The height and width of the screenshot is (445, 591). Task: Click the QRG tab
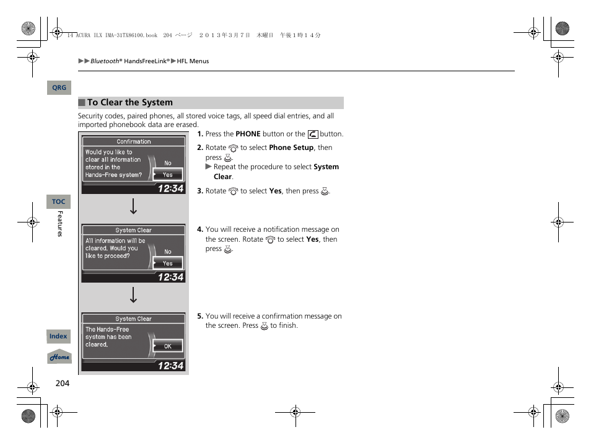click(x=59, y=88)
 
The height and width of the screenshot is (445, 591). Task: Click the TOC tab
click(x=58, y=201)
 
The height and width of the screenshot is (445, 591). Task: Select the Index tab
click(x=58, y=337)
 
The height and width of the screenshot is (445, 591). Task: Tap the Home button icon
click(x=59, y=357)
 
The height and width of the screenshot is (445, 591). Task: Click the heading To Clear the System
click(x=129, y=103)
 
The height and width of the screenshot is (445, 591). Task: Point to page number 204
click(x=63, y=383)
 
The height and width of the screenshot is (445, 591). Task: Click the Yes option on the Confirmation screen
click(x=168, y=175)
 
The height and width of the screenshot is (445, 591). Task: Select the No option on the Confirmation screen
click(x=168, y=163)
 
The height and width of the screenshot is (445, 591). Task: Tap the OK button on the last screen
click(x=168, y=346)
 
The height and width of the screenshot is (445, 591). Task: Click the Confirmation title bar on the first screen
click(x=134, y=141)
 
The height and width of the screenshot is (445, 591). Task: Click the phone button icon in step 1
click(x=312, y=134)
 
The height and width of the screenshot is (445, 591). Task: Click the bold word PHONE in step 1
click(x=248, y=134)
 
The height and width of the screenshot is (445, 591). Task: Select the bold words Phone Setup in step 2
click(x=291, y=148)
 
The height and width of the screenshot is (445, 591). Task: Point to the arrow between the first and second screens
click(x=133, y=208)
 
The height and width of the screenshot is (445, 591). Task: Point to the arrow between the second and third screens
click(x=133, y=296)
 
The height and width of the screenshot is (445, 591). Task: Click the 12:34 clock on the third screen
click(x=170, y=366)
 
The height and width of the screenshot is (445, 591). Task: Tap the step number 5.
click(x=200, y=316)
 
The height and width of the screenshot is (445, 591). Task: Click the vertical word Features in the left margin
click(x=60, y=224)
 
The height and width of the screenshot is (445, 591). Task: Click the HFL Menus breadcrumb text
click(x=193, y=61)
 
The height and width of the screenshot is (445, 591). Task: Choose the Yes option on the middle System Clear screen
click(x=168, y=263)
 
